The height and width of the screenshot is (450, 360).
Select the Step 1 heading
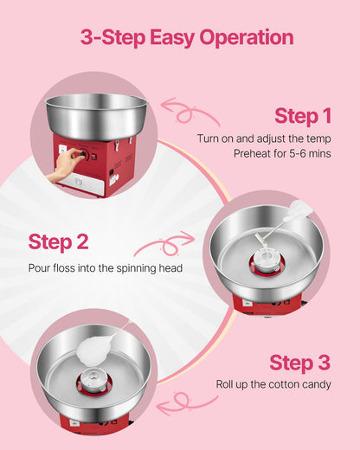[303, 116]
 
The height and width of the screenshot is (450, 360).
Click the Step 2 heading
[58, 241]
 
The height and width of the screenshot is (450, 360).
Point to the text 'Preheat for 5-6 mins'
[282, 153]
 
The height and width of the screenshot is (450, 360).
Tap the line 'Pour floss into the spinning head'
[105, 267]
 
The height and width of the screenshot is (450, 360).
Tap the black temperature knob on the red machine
[80, 156]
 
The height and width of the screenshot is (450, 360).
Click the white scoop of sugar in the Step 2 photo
[299, 209]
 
